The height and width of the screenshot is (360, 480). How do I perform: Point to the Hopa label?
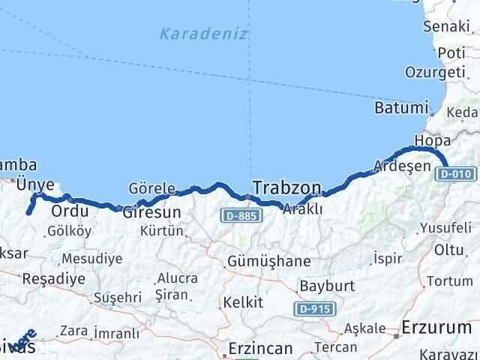[427, 141]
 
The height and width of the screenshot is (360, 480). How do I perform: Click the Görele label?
[152, 188]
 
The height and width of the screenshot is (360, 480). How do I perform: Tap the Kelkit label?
[242, 302]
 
